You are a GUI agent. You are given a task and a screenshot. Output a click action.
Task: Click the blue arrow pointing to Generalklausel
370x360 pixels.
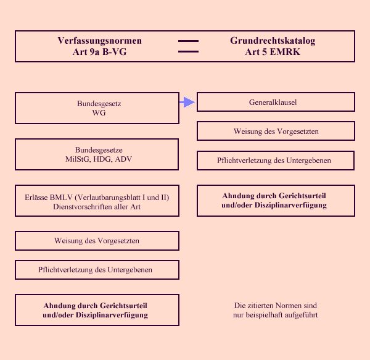187,103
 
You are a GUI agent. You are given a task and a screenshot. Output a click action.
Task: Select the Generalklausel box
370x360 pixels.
276,102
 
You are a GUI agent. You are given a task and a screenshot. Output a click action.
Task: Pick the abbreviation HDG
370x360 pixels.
101,159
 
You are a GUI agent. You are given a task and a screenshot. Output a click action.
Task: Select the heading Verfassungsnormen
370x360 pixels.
99,41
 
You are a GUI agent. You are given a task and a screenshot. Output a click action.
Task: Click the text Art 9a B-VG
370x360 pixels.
99,52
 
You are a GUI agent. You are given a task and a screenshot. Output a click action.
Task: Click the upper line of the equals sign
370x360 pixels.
188,41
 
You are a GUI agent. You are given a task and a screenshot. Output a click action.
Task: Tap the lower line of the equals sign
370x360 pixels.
188,51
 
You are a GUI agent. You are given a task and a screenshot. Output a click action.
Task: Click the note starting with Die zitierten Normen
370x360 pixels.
276,310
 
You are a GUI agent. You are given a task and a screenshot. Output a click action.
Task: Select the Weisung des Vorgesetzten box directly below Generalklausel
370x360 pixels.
276,131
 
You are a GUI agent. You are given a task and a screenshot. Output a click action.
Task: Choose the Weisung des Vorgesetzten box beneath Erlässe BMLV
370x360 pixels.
97,241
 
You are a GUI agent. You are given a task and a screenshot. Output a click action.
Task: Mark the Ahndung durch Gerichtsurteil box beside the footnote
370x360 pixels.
97,310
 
